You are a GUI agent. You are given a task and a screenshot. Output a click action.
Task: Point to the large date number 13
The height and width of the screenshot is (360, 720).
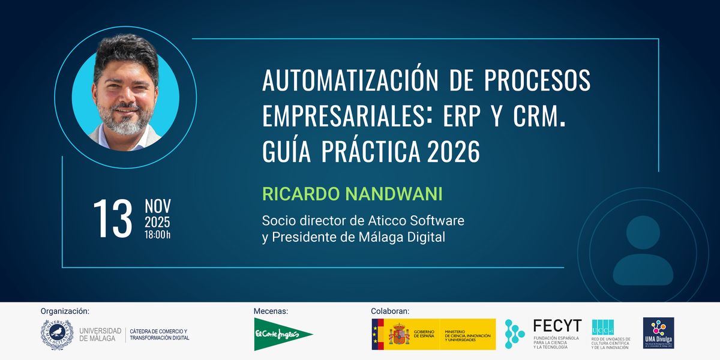click(x=112, y=218)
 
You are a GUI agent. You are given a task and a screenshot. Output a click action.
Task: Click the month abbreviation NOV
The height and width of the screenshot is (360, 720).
click(x=157, y=206)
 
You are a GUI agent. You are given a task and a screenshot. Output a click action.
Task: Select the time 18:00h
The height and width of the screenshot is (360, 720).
click(x=157, y=235)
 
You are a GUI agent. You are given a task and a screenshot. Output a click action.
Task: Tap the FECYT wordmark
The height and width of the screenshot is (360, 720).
click(x=557, y=326)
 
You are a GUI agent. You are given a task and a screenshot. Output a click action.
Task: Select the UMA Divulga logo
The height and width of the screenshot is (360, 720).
click(x=658, y=333)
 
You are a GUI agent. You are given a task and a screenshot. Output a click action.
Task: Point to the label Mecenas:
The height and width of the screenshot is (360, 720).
click(x=271, y=311)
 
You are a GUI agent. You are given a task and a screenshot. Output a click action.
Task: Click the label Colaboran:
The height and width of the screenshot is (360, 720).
click(x=390, y=311)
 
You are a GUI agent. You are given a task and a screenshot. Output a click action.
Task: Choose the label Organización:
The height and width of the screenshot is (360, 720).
click(x=65, y=311)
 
